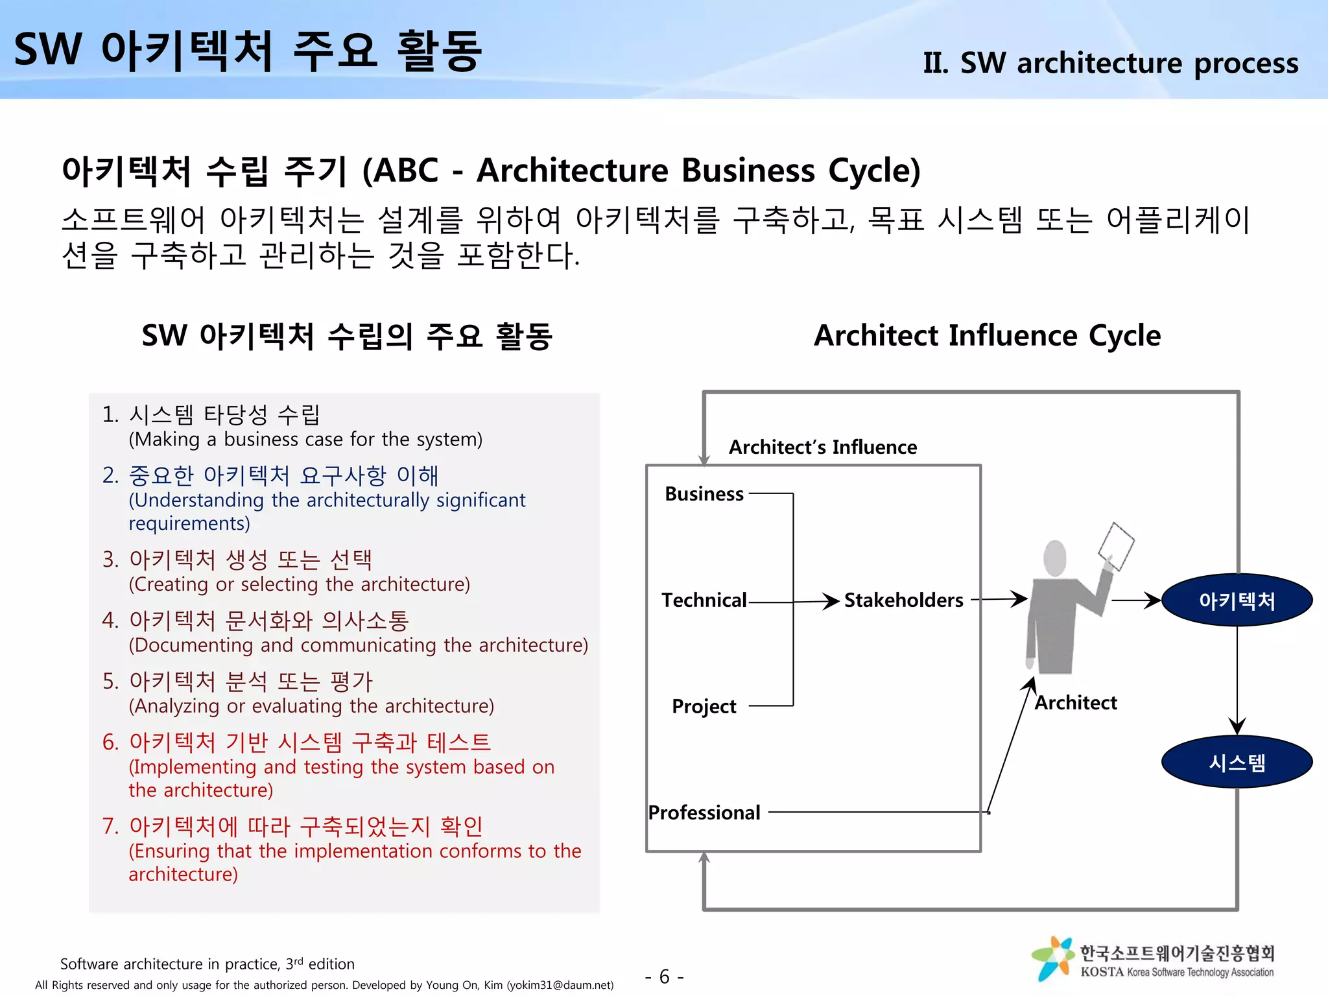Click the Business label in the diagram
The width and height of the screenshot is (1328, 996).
pyautogui.click(x=704, y=494)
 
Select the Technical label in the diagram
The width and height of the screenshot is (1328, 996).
pyautogui.click(x=704, y=600)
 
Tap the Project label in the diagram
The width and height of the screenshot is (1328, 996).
pyautogui.click(x=704, y=706)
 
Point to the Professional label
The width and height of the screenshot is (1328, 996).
pyautogui.click(x=704, y=812)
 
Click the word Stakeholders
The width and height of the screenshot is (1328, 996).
pyautogui.click(x=903, y=600)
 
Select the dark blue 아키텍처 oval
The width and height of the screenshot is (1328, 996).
pyautogui.click(x=1237, y=600)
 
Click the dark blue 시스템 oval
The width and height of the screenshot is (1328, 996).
pyautogui.click(x=1237, y=762)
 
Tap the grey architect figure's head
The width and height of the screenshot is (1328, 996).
pyautogui.click(x=1055, y=557)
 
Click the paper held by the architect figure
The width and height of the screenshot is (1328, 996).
pyautogui.click(x=1116, y=545)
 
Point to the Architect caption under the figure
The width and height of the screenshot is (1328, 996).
pyautogui.click(x=1076, y=703)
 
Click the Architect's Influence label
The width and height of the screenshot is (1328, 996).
pyautogui.click(x=823, y=447)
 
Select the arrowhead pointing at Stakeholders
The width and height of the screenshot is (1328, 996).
pyautogui.click(x=831, y=601)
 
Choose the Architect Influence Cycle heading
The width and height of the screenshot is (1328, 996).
pyautogui.click(x=987, y=336)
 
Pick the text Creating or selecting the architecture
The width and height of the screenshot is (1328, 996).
pyautogui.click(x=300, y=584)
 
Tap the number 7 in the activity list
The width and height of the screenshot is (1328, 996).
pyautogui.click(x=108, y=827)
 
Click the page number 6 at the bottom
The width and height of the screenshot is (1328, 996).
pyautogui.click(x=665, y=976)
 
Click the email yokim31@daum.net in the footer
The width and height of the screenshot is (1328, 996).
pyautogui.click(x=560, y=985)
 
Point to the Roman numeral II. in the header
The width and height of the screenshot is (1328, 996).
pyautogui.click(x=935, y=64)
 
